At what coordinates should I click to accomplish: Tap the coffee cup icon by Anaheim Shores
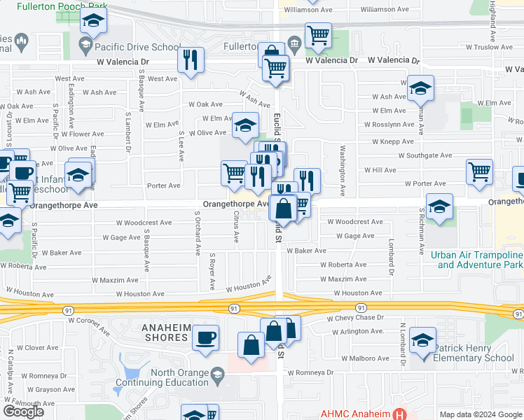pos(205,338)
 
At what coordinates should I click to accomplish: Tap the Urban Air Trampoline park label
pos(476,260)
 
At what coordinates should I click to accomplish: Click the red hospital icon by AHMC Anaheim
pos(399,414)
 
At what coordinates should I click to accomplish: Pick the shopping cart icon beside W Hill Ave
pos(479,171)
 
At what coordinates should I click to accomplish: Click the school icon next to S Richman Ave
pos(439,207)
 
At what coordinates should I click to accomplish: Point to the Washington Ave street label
pos(343,171)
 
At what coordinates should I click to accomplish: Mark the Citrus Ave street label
pos(236,229)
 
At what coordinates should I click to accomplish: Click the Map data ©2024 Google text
pos(480,414)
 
